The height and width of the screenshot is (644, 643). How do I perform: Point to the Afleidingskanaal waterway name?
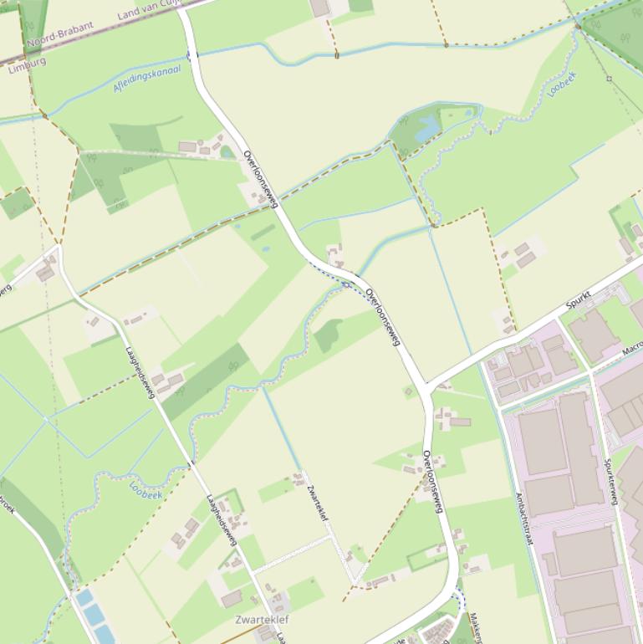pyautogui.click(x=146, y=79)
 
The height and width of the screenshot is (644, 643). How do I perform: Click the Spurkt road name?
pyautogui.click(x=579, y=299)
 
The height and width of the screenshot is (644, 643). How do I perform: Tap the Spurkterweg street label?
pyautogui.click(x=610, y=481)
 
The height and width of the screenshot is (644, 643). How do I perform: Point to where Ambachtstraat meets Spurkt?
pyautogui.click(x=482, y=361)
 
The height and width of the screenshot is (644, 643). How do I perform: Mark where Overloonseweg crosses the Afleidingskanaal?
pyautogui.click(x=191, y=55)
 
